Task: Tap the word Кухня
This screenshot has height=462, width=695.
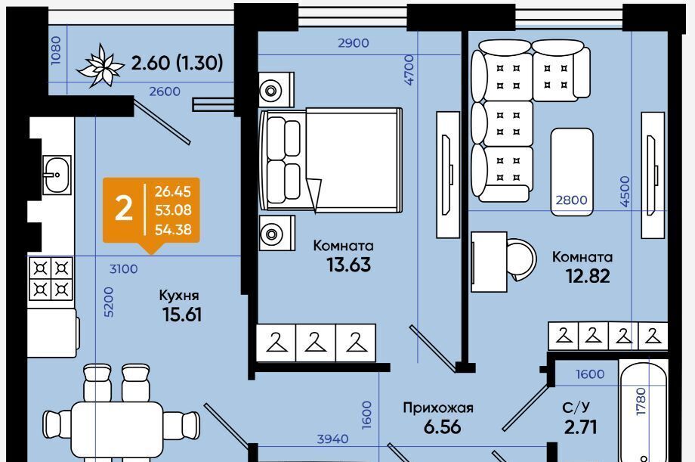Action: point(179,295)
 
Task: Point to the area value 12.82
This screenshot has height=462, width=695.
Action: point(587,276)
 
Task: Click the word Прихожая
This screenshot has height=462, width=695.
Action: point(438,408)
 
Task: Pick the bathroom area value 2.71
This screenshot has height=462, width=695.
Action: point(580,427)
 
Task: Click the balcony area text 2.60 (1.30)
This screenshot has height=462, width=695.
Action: point(178,63)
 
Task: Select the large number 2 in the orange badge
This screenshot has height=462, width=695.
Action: point(123,209)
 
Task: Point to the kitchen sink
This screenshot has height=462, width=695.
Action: point(54,175)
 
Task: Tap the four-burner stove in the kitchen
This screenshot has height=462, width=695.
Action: point(51,278)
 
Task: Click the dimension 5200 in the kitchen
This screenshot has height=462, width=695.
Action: point(107,302)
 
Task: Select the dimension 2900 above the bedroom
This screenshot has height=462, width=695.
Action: point(353,43)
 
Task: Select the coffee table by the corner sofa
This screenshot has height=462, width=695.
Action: point(572,164)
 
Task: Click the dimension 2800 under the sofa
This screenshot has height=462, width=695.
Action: point(571,200)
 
